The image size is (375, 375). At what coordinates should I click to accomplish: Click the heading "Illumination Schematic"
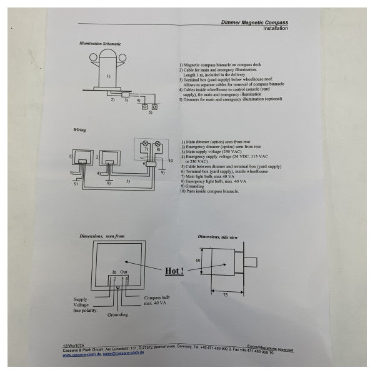click(x=100, y=44)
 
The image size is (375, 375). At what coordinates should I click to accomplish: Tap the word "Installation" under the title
click(x=275, y=29)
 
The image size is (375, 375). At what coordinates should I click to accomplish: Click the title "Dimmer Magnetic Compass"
click(x=255, y=22)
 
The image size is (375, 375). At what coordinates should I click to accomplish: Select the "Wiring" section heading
click(x=79, y=130)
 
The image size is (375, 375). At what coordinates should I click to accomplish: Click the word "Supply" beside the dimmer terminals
click(x=81, y=298)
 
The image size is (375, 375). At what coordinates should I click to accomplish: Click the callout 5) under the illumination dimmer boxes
click(x=150, y=112)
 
